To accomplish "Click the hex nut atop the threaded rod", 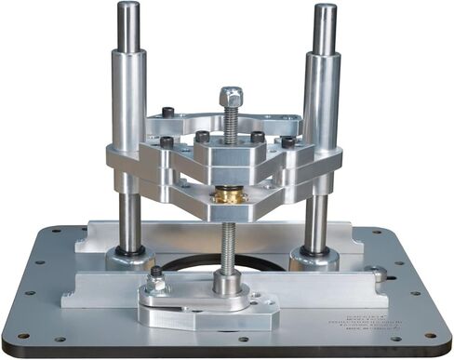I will pyautogui.click(x=232, y=96).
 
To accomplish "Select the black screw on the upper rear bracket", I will pyautogui.click(x=167, y=113).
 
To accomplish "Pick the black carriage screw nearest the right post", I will pyautogui.click(x=287, y=142).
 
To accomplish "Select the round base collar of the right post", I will pyautogui.click(x=314, y=255).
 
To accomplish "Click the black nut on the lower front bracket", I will pyautogui.click(x=157, y=273).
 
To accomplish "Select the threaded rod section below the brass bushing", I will pyautogui.click(x=226, y=237).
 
